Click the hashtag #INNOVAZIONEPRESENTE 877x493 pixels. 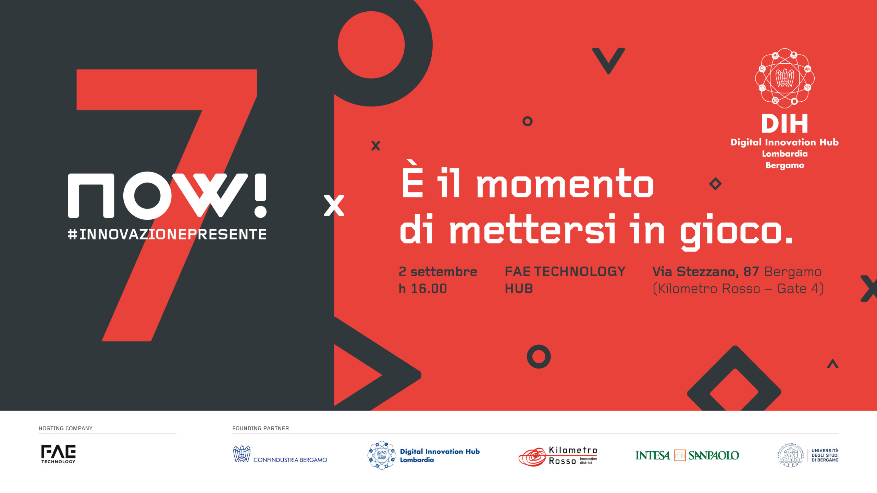click(x=167, y=234)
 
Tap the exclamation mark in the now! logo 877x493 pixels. click(x=260, y=195)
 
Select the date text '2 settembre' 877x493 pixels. click(x=438, y=271)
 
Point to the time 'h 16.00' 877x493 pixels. click(x=423, y=289)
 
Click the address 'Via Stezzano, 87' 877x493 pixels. click(x=706, y=271)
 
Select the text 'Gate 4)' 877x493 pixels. click(x=800, y=289)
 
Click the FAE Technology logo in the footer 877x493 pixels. click(x=58, y=454)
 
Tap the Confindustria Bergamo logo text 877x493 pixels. click(x=290, y=460)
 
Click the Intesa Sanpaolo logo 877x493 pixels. click(x=687, y=455)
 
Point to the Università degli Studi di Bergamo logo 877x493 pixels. click(x=808, y=455)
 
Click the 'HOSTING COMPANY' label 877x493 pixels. click(x=65, y=428)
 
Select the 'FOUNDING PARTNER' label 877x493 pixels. click(x=261, y=428)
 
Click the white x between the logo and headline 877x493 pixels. click(x=334, y=205)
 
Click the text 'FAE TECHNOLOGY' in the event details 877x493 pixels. click(x=565, y=271)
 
